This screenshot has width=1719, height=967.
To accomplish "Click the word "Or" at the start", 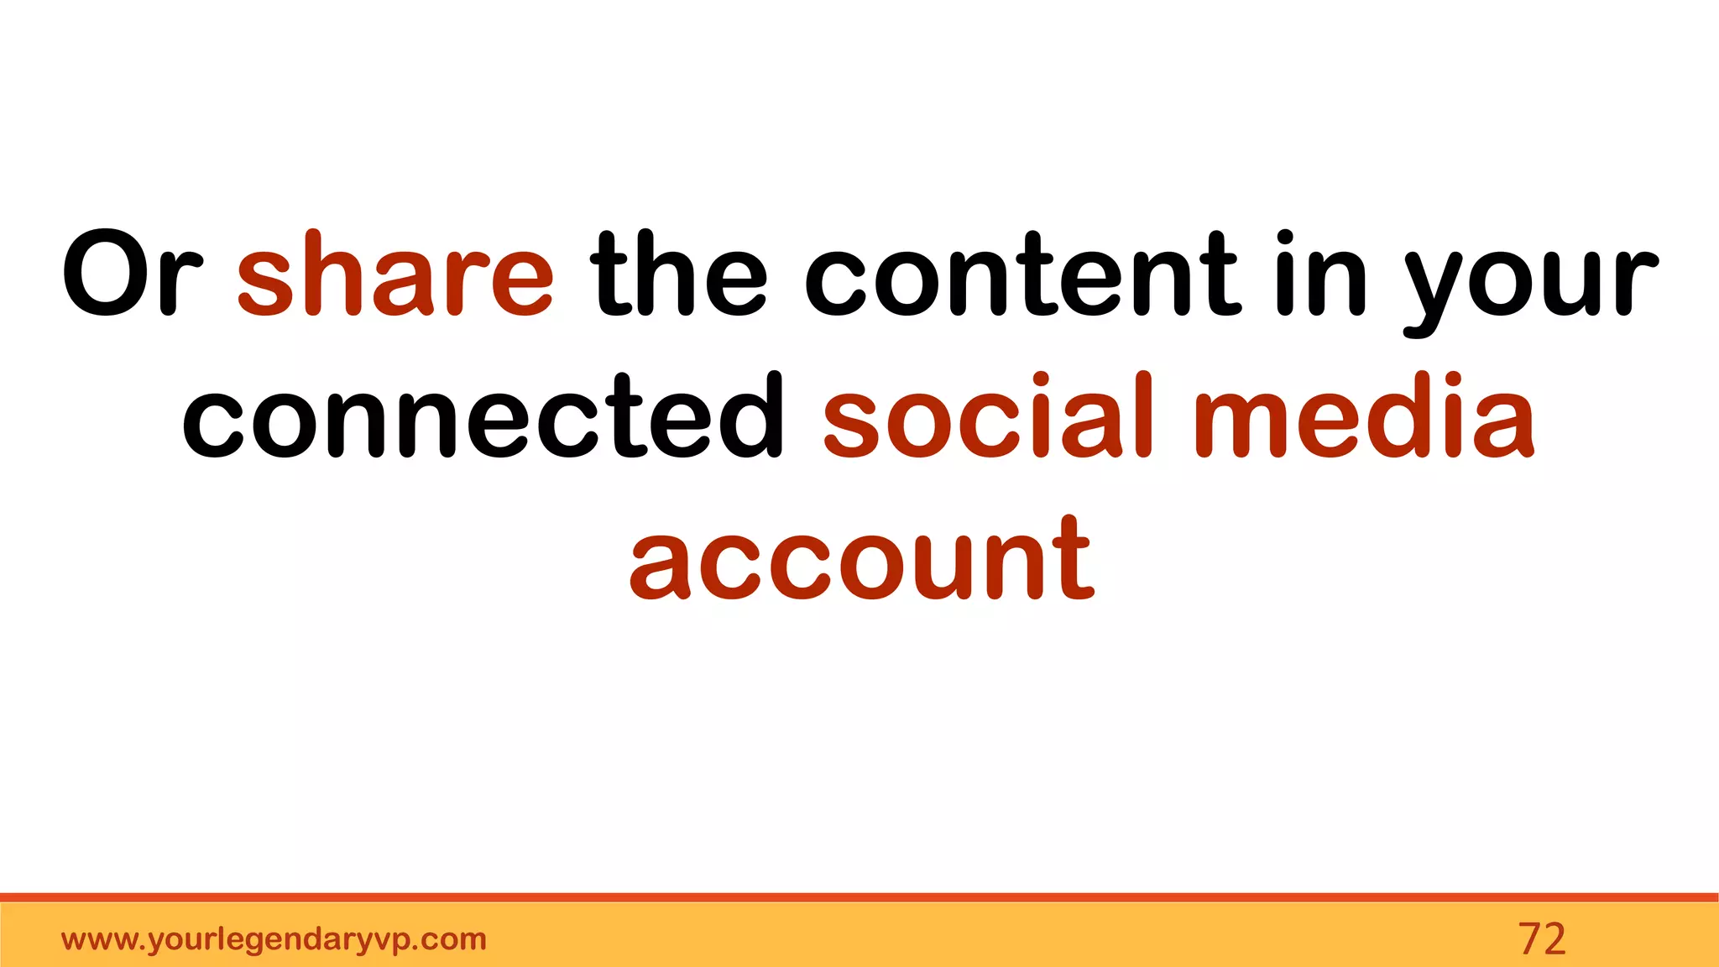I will tap(133, 274).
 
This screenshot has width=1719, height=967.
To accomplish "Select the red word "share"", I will tap(395, 274).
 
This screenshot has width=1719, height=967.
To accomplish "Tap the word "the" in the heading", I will tap(678, 274).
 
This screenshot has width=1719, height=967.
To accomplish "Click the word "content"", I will tap(1021, 274).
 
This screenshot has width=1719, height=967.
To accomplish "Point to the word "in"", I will tap(1321, 274).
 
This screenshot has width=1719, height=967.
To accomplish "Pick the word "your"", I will tap(1530, 281).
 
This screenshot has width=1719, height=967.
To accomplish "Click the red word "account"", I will tap(862, 558).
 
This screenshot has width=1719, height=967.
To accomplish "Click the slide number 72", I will tap(1542, 938).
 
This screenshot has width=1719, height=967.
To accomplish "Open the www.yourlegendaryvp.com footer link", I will tap(274, 939).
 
